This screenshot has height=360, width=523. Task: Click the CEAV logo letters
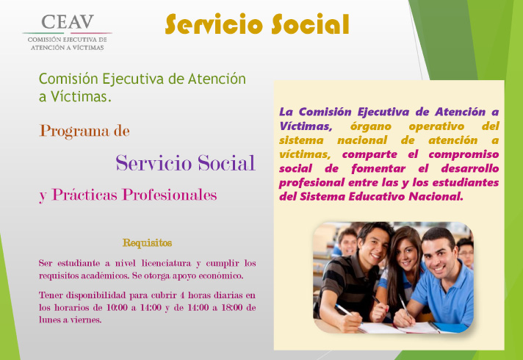tap(68, 22)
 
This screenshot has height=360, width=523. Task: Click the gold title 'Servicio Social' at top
tap(257, 24)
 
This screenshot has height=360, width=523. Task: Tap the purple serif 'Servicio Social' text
tap(185, 163)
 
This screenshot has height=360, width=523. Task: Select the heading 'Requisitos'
tap(147, 242)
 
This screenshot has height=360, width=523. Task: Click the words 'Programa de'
tap(84, 131)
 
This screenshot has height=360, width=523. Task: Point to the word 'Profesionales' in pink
tap(170, 195)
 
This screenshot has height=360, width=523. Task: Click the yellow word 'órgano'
tap(370, 126)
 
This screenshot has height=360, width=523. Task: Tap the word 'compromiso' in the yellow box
tap(464, 154)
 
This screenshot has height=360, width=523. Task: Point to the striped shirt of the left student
tap(347, 284)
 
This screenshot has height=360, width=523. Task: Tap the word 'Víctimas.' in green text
tap(81, 97)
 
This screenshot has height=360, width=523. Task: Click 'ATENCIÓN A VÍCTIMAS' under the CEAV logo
tap(68, 48)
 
